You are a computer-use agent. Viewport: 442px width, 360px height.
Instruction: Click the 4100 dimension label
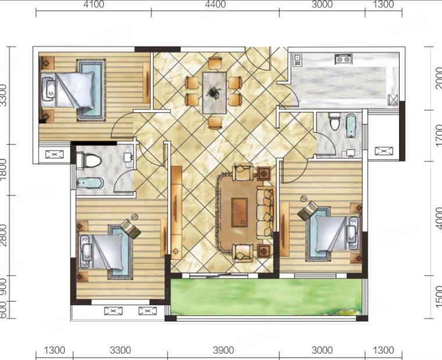(x=94, y=4)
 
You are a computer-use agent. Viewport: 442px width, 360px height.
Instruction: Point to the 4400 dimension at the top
(x=215, y=4)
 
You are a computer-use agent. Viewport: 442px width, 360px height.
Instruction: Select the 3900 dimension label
(x=223, y=350)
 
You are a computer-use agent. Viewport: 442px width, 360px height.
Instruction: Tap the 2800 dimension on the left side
(x=3, y=235)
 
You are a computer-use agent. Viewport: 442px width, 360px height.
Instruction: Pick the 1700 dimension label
(x=439, y=136)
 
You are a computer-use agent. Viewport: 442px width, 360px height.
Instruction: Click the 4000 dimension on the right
(x=439, y=218)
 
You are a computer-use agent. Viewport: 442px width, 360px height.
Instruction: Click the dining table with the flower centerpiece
(x=215, y=92)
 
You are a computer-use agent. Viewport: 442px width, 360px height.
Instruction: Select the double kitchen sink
(x=343, y=59)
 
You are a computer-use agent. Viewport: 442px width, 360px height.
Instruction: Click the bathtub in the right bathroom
(x=351, y=126)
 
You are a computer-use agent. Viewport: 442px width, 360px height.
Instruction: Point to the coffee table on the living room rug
(x=240, y=212)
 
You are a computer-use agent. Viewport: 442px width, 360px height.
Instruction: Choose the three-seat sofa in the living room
(x=265, y=212)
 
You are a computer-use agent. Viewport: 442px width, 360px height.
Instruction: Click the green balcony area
(x=266, y=297)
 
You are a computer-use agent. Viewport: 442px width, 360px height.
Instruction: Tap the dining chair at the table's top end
(x=215, y=63)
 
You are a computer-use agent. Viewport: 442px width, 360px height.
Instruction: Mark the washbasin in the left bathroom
(x=129, y=157)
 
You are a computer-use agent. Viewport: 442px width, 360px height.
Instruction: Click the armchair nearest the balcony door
(x=243, y=253)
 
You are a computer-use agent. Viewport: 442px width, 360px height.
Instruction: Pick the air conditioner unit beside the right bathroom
(x=384, y=151)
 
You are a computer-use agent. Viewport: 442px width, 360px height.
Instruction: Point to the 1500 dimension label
(x=439, y=297)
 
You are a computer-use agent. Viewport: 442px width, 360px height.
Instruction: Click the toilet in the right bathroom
(x=335, y=121)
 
